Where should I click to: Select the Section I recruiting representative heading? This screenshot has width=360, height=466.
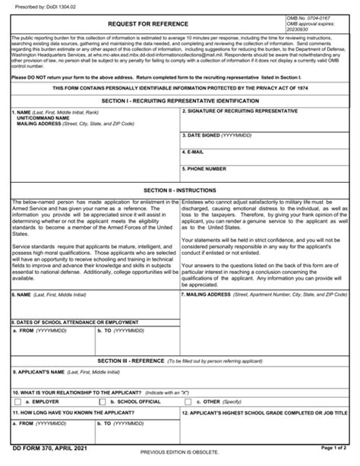click(x=179, y=100)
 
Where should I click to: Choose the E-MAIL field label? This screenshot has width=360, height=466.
click(x=196, y=152)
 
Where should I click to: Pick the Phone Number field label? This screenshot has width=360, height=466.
click(x=206, y=168)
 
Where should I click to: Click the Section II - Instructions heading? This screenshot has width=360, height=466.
click(x=180, y=190)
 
